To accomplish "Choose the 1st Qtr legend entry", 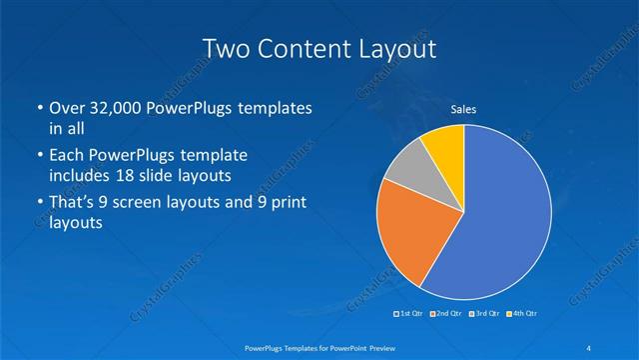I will click(x=410, y=314).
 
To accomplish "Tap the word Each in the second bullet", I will click(x=68, y=155).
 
